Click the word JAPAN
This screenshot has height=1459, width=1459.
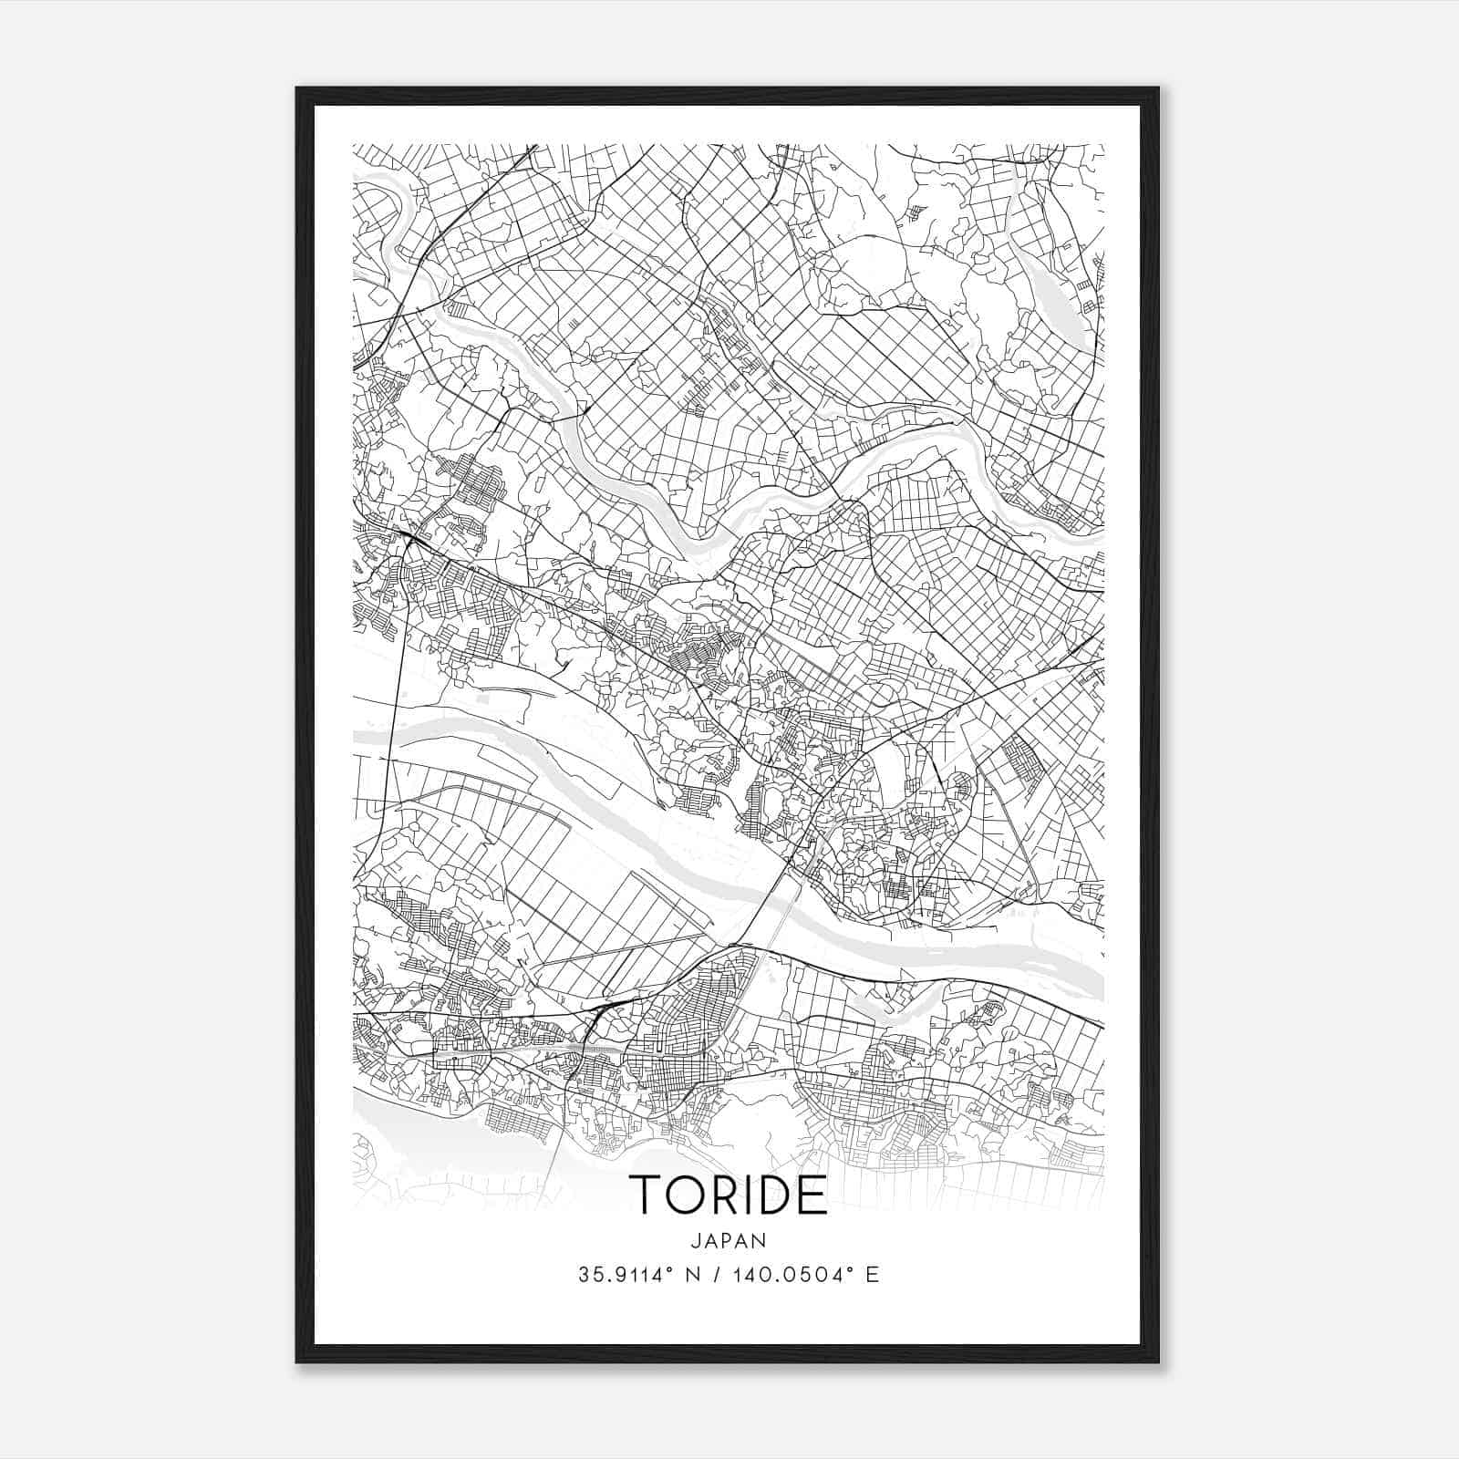(729, 1240)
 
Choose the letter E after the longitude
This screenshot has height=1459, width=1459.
(873, 1275)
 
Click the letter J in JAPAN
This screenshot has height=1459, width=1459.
(695, 1240)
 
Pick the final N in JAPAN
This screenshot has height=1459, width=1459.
(761, 1240)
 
